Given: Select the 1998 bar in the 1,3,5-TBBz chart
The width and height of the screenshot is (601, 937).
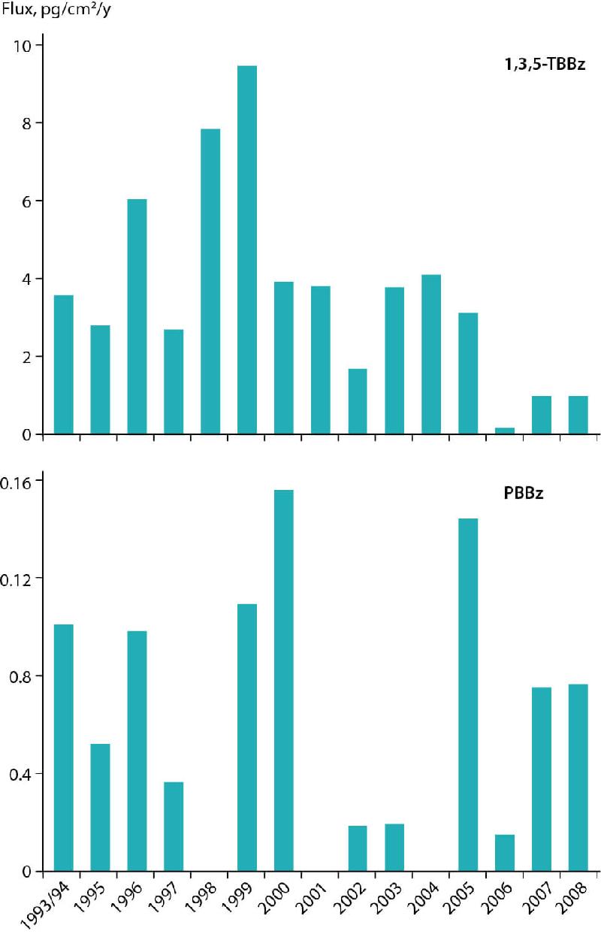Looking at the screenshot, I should [x=210, y=281].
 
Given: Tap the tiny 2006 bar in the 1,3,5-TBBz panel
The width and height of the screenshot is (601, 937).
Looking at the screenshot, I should [x=505, y=431].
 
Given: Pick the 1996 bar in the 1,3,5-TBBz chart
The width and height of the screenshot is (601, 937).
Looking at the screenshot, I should [x=137, y=316].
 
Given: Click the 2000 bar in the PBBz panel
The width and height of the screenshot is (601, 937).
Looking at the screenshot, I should [x=284, y=680].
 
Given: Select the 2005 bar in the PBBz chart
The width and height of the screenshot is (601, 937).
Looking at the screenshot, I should [x=468, y=694].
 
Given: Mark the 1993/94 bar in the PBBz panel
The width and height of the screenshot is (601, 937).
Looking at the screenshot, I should [x=64, y=748].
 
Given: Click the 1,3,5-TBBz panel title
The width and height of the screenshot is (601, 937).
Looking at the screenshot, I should [x=545, y=65].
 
